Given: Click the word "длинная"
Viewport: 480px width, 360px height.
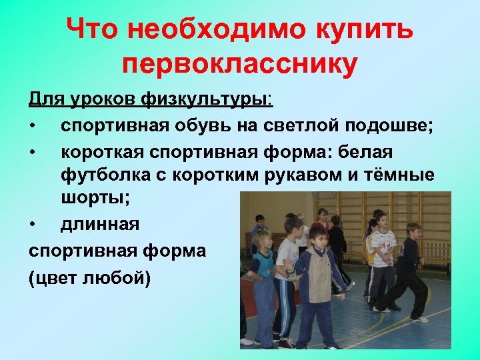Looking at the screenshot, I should point(100,224).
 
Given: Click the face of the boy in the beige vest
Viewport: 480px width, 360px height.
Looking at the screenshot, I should point(319,237).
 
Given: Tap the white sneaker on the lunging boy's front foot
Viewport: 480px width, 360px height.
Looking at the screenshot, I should point(419,319).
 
